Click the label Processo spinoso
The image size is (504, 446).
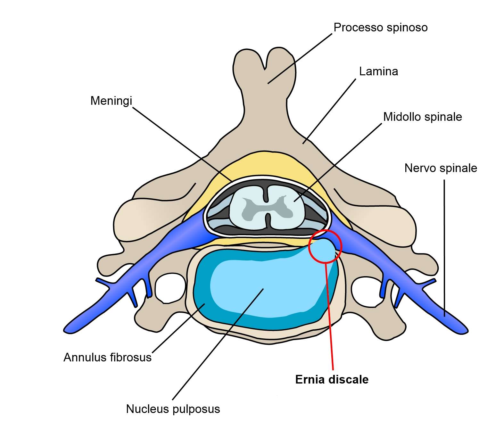click(380, 28)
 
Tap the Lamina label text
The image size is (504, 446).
click(378, 71)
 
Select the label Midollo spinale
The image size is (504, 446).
click(422, 117)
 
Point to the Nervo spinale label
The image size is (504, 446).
click(441, 168)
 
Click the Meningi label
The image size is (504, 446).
click(111, 101)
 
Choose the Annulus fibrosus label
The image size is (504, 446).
click(107, 357)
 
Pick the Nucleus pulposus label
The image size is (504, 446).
click(173, 409)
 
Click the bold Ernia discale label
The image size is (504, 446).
click(332, 380)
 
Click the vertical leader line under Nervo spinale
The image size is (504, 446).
click(444, 247)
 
